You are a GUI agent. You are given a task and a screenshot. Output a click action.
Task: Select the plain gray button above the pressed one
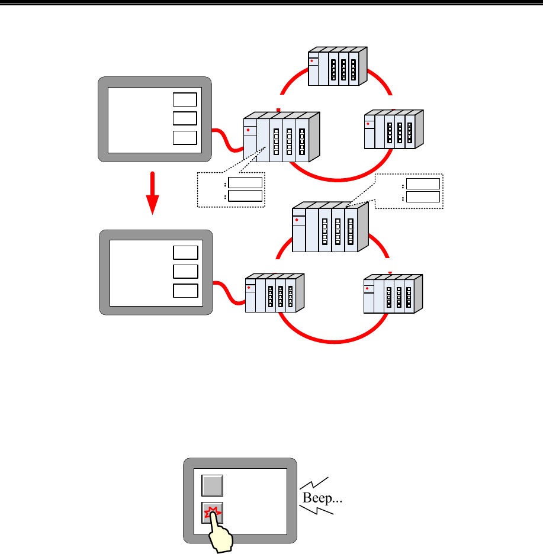coord(211,486)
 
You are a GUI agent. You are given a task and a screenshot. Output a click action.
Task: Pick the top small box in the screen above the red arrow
coord(184,99)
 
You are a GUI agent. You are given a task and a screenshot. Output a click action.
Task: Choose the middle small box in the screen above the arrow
coord(184,118)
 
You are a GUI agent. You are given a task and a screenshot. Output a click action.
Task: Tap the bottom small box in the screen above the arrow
coord(184,138)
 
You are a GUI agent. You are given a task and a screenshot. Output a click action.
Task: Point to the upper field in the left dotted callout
coord(246,182)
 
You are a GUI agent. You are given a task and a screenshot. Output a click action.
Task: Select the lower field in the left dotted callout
coord(246,195)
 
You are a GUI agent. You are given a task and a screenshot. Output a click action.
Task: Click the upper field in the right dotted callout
coord(423,183)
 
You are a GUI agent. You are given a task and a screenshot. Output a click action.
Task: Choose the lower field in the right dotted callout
coord(423,197)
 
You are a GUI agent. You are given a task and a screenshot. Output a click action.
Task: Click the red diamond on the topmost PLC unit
coord(311,60)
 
